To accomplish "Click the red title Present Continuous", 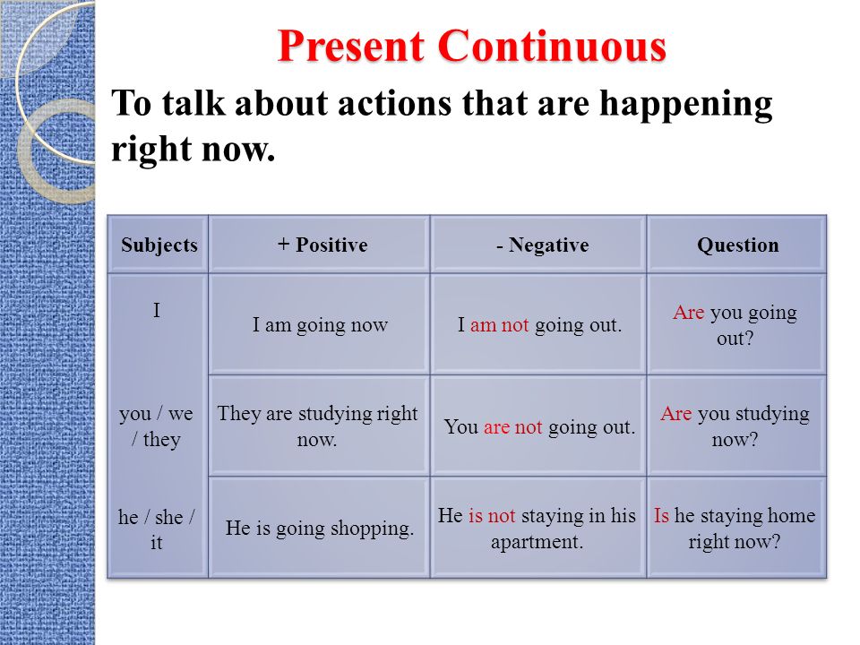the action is coord(472,46).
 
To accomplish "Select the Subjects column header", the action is coord(159,245).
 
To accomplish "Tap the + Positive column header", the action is coord(322,245).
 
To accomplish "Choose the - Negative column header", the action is coord(543,245).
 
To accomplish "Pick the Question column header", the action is coord(737,245).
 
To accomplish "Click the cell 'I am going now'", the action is coord(320,324).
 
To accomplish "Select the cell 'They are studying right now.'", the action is coord(317,426).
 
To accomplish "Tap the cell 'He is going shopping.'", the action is coord(320,529).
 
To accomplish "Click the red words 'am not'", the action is coord(499,324).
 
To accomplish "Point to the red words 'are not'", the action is coord(512,426).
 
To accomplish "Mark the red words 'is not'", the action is coord(492,516).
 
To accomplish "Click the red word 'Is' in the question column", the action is coord(661,516).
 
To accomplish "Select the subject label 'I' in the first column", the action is coord(157,311).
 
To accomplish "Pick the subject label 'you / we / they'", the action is coord(156,426).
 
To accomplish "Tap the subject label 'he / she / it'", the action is coord(156,529).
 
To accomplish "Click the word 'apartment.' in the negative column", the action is coord(537,543).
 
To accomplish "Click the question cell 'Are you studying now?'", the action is coord(735,426).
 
